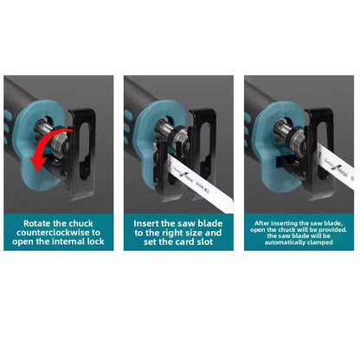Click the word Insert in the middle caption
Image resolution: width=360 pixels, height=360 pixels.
tap(149, 222)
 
